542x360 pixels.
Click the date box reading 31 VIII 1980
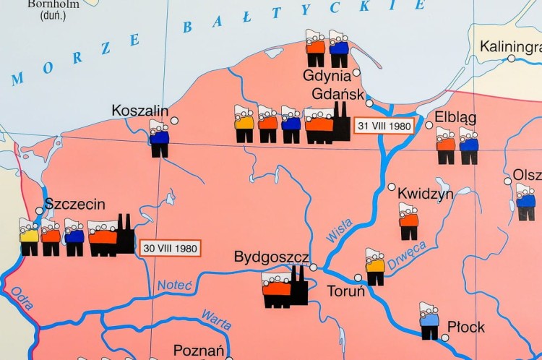tap(384, 126)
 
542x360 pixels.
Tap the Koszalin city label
tap(139, 111)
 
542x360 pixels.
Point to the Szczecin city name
tap(75, 205)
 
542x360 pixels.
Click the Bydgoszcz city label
tap(271, 257)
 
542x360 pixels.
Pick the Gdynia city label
tap(327, 75)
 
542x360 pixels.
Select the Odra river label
tap(22, 299)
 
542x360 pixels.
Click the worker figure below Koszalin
tap(160, 139)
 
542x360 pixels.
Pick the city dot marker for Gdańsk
tap(369, 103)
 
